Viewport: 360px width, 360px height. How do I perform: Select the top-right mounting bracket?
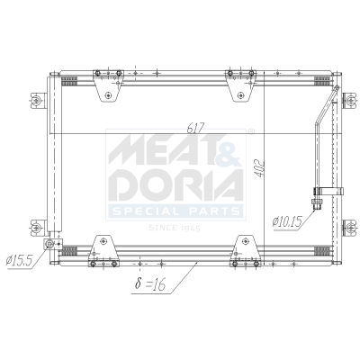click(x=239, y=85)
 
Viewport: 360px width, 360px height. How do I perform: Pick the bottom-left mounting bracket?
click(x=103, y=246)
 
